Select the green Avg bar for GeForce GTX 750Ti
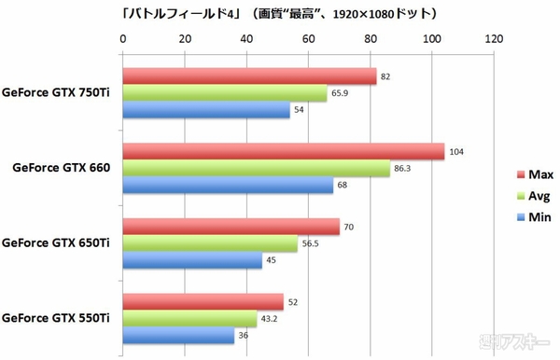(x=225, y=93)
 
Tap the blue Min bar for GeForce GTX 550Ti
(x=178, y=335)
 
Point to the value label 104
(x=456, y=152)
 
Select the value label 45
(x=272, y=260)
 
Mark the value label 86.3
(x=402, y=169)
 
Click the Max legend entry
(x=533, y=174)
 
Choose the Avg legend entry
(x=533, y=196)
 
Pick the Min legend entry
(x=533, y=218)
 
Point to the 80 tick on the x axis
(x=371, y=39)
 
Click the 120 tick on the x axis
(x=494, y=39)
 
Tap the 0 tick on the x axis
(x=123, y=39)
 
